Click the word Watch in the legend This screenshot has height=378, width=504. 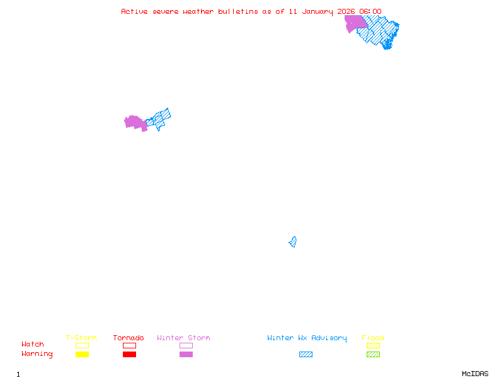[33, 345]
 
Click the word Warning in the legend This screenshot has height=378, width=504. [37, 354]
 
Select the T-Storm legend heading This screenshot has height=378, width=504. [81, 338]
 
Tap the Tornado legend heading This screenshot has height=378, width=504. [129, 338]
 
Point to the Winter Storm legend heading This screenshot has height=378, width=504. [183, 338]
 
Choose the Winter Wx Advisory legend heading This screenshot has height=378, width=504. [307, 338]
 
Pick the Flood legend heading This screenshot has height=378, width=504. [373, 338]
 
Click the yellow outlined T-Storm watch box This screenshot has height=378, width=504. [82, 345]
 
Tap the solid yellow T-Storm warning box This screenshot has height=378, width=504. [82, 355]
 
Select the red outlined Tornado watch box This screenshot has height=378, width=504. [129, 345]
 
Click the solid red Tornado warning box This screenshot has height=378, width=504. [129, 355]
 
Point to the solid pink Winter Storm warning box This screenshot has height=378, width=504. [186, 355]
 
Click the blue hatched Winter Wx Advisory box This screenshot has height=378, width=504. [306, 355]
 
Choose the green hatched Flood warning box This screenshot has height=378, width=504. [373, 355]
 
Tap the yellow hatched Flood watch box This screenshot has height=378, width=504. [373, 345]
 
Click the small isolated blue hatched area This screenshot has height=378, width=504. [293, 242]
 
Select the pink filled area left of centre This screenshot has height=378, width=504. [135, 122]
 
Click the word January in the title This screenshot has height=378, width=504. [321, 11]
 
